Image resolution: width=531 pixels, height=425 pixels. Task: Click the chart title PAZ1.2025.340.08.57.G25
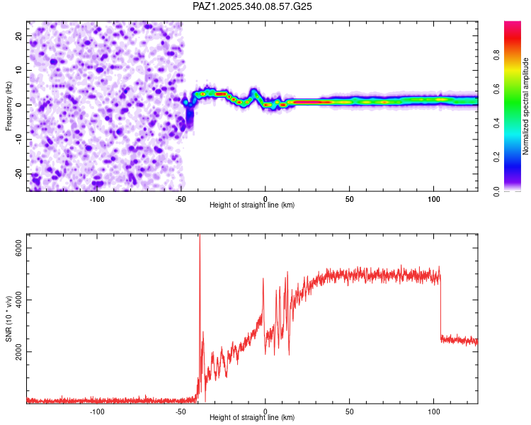pyautogui.click(x=253, y=6)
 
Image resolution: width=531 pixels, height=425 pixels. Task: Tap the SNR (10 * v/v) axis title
pyautogui.click(x=9, y=318)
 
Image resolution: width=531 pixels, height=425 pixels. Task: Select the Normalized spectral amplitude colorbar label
pyautogui.click(x=526, y=106)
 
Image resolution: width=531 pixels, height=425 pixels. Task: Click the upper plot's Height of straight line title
pyautogui.click(x=252, y=205)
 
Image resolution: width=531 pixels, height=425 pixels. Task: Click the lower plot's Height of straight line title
pyautogui.click(x=252, y=417)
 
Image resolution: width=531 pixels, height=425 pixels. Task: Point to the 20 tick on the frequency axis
pyautogui.click(x=19, y=36)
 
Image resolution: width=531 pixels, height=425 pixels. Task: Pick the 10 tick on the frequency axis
pyautogui.click(x=19, y=71)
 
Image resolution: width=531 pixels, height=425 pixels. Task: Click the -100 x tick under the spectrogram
pyautogui.click(x=97, y=199)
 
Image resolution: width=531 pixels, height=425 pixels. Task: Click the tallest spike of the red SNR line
pyautogui.click(x=200, y=236)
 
